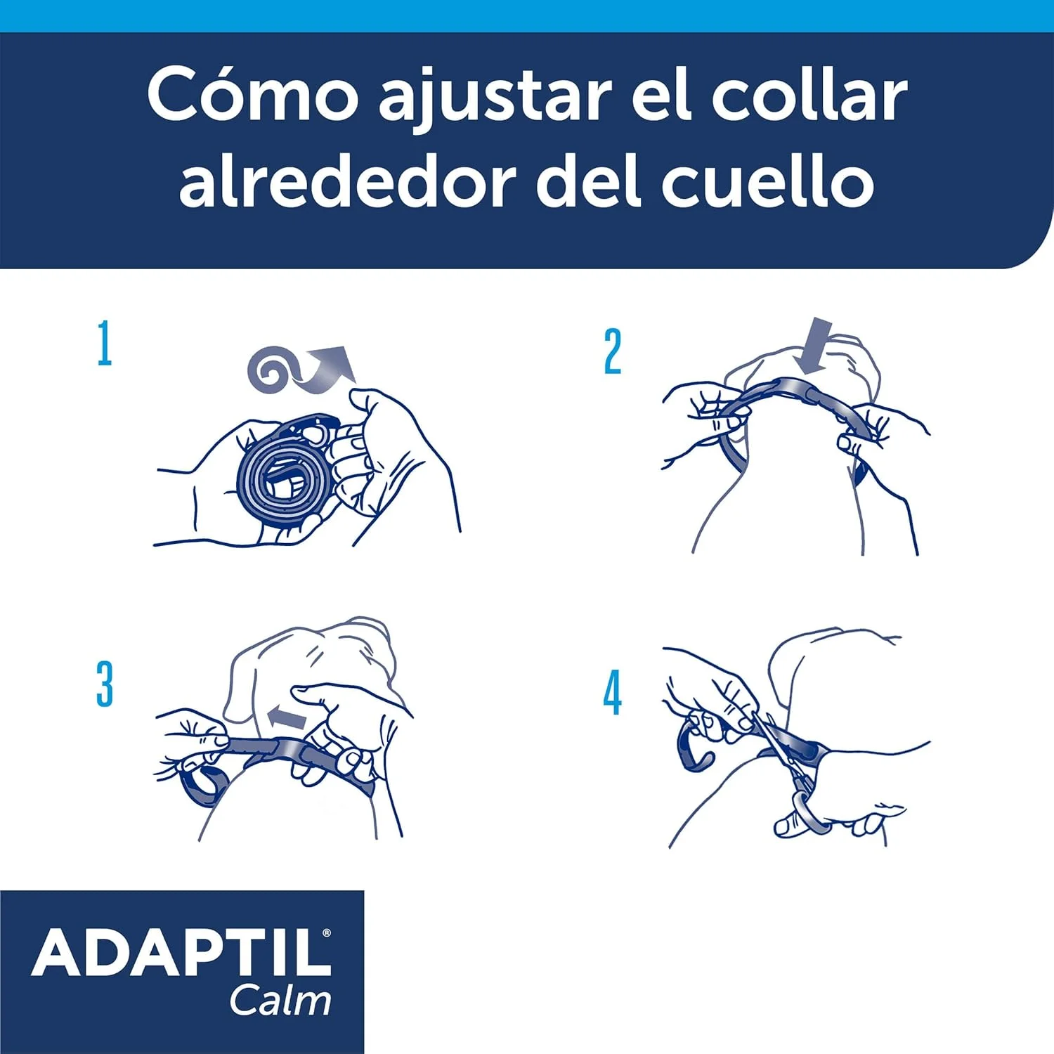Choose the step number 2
613,351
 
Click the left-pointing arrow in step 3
287,717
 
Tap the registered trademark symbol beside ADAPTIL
326,933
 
